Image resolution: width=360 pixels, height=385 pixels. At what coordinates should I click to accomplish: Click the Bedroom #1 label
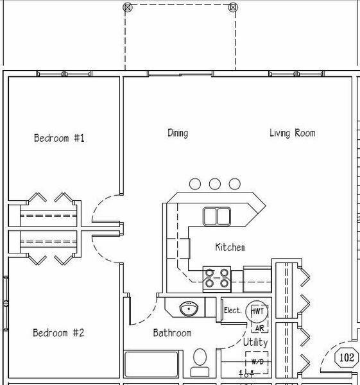59,138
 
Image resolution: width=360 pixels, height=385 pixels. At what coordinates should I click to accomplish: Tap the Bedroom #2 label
59,333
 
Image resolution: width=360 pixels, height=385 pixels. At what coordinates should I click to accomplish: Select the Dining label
178,133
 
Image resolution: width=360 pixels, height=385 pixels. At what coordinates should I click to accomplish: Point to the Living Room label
292,133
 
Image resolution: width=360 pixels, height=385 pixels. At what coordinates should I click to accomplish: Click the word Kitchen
230,247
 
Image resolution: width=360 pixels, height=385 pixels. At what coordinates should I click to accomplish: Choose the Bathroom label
172,333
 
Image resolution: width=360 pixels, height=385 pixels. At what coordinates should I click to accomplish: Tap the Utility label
255,343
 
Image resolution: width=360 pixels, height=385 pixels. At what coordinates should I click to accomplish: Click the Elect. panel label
232,311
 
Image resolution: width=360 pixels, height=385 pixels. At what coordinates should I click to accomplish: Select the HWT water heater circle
258,311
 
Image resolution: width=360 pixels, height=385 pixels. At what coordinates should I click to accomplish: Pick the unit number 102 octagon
347,358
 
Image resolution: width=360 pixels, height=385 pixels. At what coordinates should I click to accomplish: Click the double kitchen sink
217,216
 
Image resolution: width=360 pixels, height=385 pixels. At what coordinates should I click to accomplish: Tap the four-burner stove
217,278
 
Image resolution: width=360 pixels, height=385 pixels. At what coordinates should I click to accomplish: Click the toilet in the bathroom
200,361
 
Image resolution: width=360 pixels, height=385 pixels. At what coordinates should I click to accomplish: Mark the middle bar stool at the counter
215,184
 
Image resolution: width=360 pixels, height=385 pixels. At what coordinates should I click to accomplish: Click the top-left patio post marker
127,7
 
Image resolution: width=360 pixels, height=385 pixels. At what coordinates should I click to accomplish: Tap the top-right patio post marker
233,7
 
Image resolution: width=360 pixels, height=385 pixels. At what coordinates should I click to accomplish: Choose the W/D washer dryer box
257,363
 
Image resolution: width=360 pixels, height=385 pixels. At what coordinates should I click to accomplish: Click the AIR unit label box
260,328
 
